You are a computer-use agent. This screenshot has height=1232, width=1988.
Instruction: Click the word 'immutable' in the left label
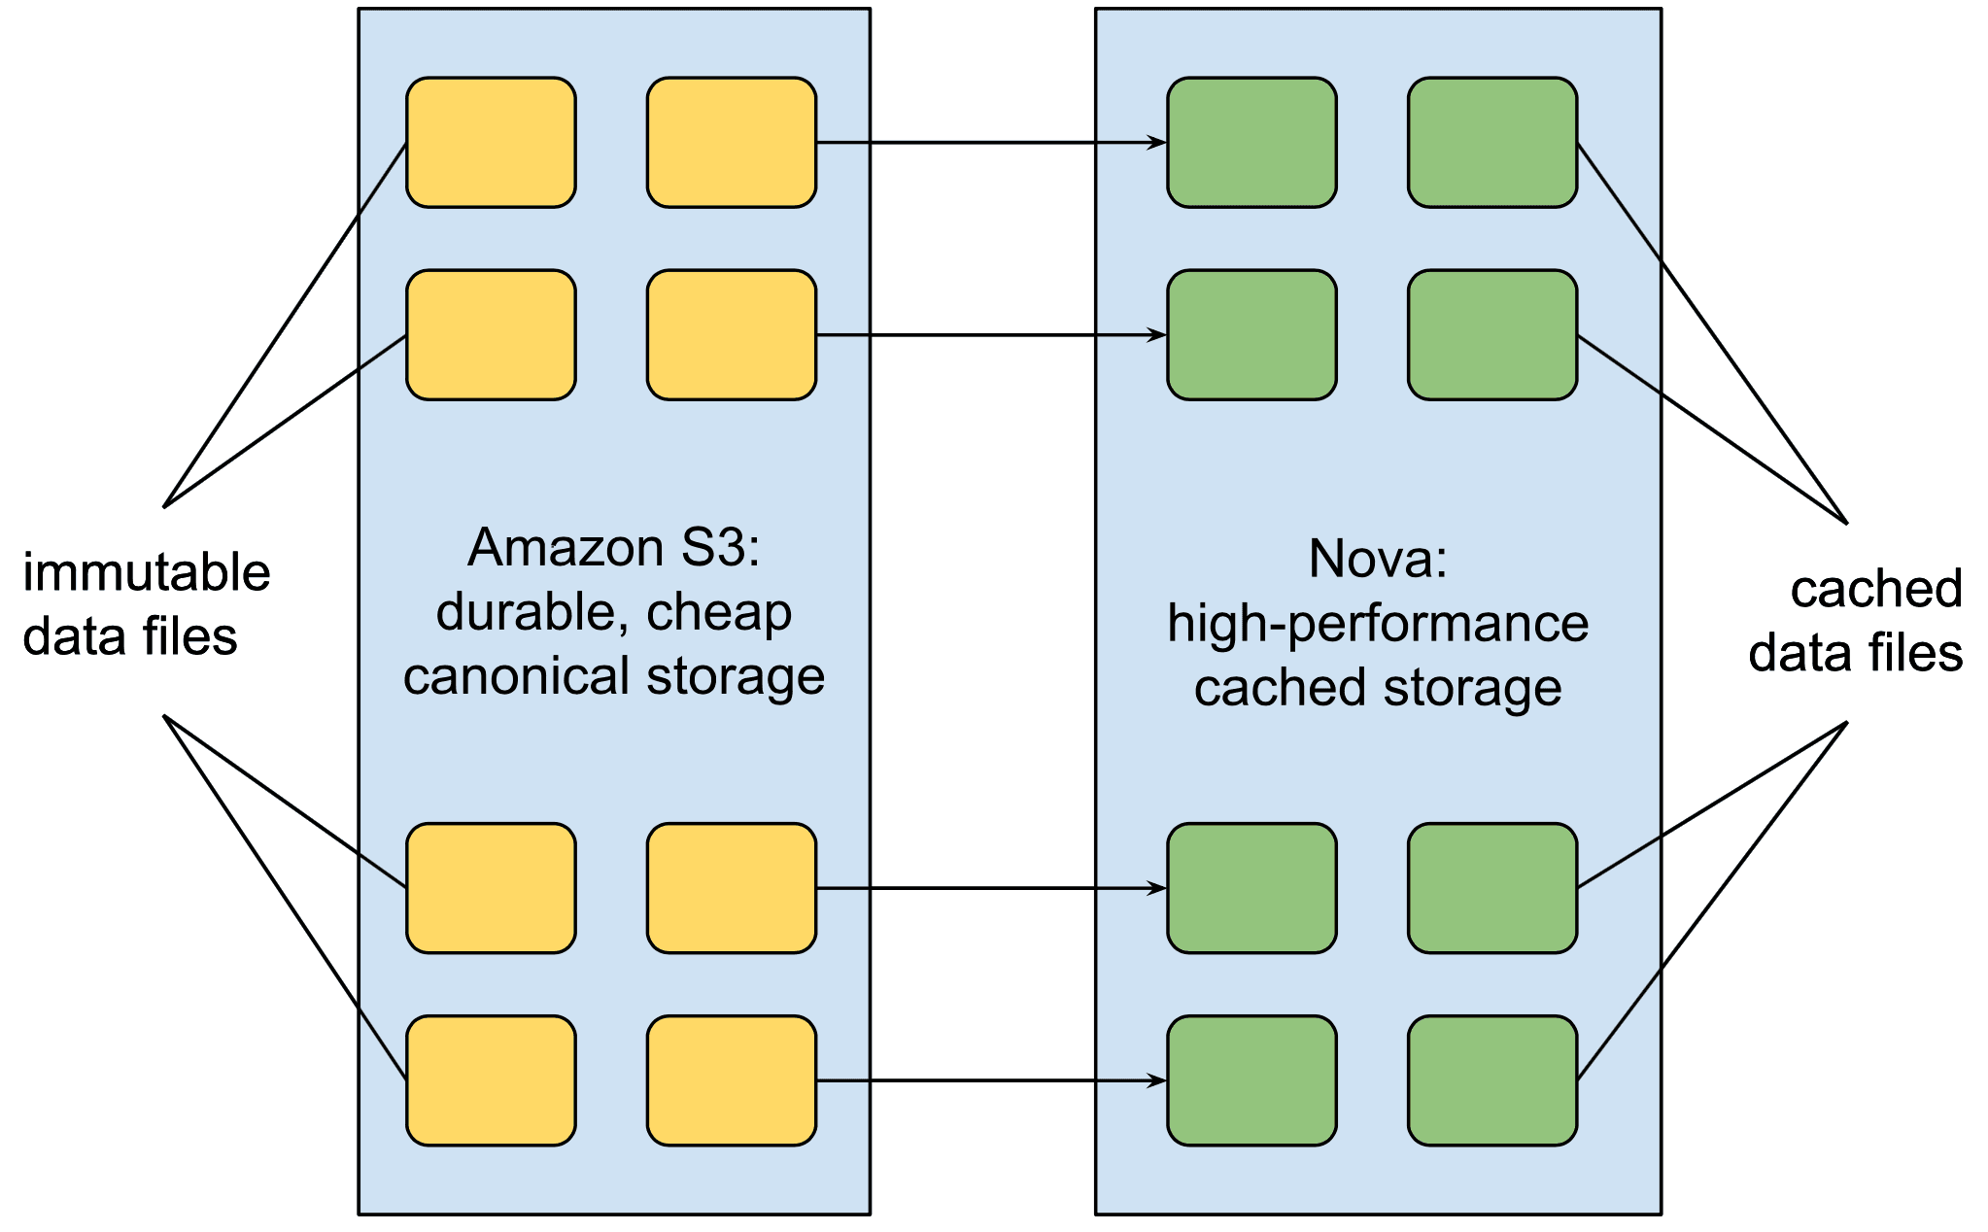tap(146, 572)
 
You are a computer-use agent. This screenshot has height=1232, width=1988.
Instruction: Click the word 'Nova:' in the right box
tap(1377, 560)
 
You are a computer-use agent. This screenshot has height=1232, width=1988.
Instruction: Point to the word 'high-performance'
tap(1377, 624)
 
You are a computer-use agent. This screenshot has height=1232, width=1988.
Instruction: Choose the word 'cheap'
tap(719, 613)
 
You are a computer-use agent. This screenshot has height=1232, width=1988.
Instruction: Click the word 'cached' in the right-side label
tap(1875, 589)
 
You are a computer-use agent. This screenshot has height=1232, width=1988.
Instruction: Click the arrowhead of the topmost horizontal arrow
tap(1157, 143)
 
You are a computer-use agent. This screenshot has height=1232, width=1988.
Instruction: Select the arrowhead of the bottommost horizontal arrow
tap(1157, 1080)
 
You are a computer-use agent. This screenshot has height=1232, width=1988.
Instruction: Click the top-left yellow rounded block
tap(491, 143)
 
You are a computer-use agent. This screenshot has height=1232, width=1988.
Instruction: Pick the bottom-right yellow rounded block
tap(731, 1080)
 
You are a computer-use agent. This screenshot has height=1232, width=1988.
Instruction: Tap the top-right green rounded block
tap(1491, 143)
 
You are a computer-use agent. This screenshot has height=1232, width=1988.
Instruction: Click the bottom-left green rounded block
tap(1251, 1080)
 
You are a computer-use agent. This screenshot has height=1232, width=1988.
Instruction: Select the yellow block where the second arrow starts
tap(731, 335)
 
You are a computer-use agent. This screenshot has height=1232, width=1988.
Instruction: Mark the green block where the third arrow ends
tap(1251, 888)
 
